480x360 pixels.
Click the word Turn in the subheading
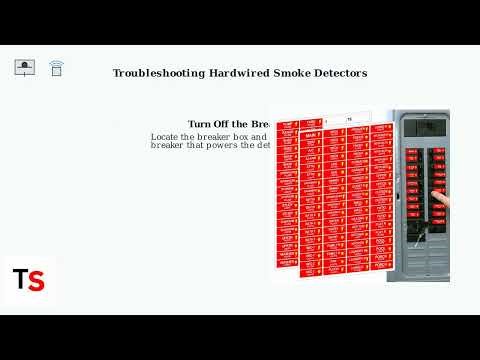click(200, 124)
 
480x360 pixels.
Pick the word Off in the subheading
click(226, 124)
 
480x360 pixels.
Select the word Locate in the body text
click(167, 136)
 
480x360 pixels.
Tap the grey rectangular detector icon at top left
click(26, 68)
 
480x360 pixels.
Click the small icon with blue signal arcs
click(56, 68)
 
